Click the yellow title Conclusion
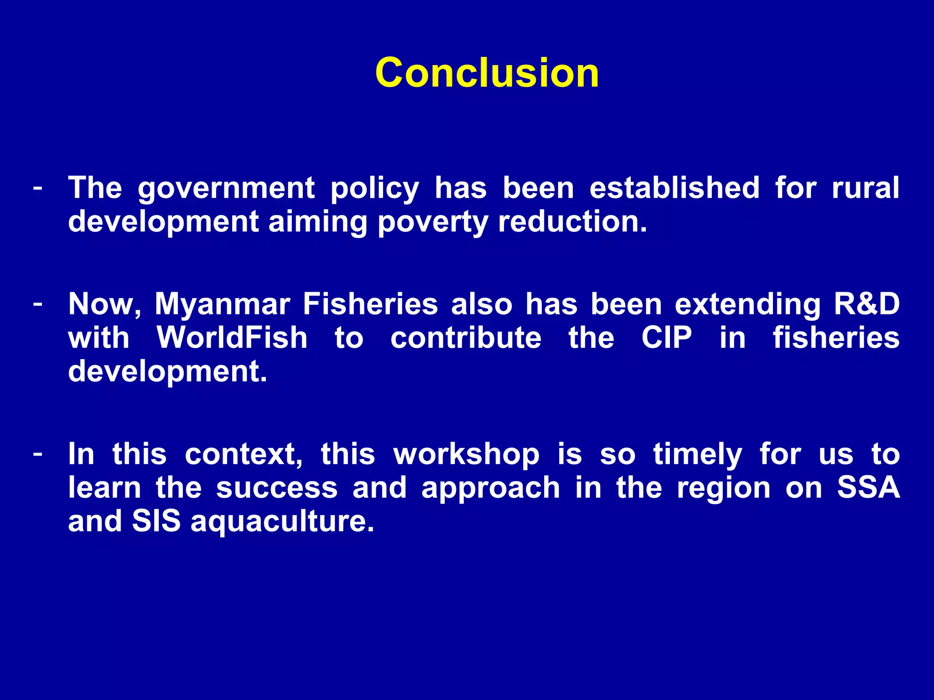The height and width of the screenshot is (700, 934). (487, 73)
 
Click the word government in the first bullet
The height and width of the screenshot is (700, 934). (226, 189)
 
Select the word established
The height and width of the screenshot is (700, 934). (675, 188)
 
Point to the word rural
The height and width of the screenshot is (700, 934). (865, 188)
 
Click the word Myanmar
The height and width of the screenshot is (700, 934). (222, 304)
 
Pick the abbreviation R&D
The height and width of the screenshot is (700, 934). (866, 304)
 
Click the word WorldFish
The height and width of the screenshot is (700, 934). (232, 338)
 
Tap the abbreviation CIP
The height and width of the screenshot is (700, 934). (666, 338)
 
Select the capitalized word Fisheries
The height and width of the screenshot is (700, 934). (370, 304)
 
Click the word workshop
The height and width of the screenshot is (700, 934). (466, 455)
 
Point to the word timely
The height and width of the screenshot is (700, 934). (697, 455)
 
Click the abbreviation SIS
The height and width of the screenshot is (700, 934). (156, 521)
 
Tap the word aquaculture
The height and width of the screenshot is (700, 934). (282, 522)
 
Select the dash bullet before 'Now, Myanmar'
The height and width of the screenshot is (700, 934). (38, 303)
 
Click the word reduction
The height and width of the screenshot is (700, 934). (572, 222)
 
